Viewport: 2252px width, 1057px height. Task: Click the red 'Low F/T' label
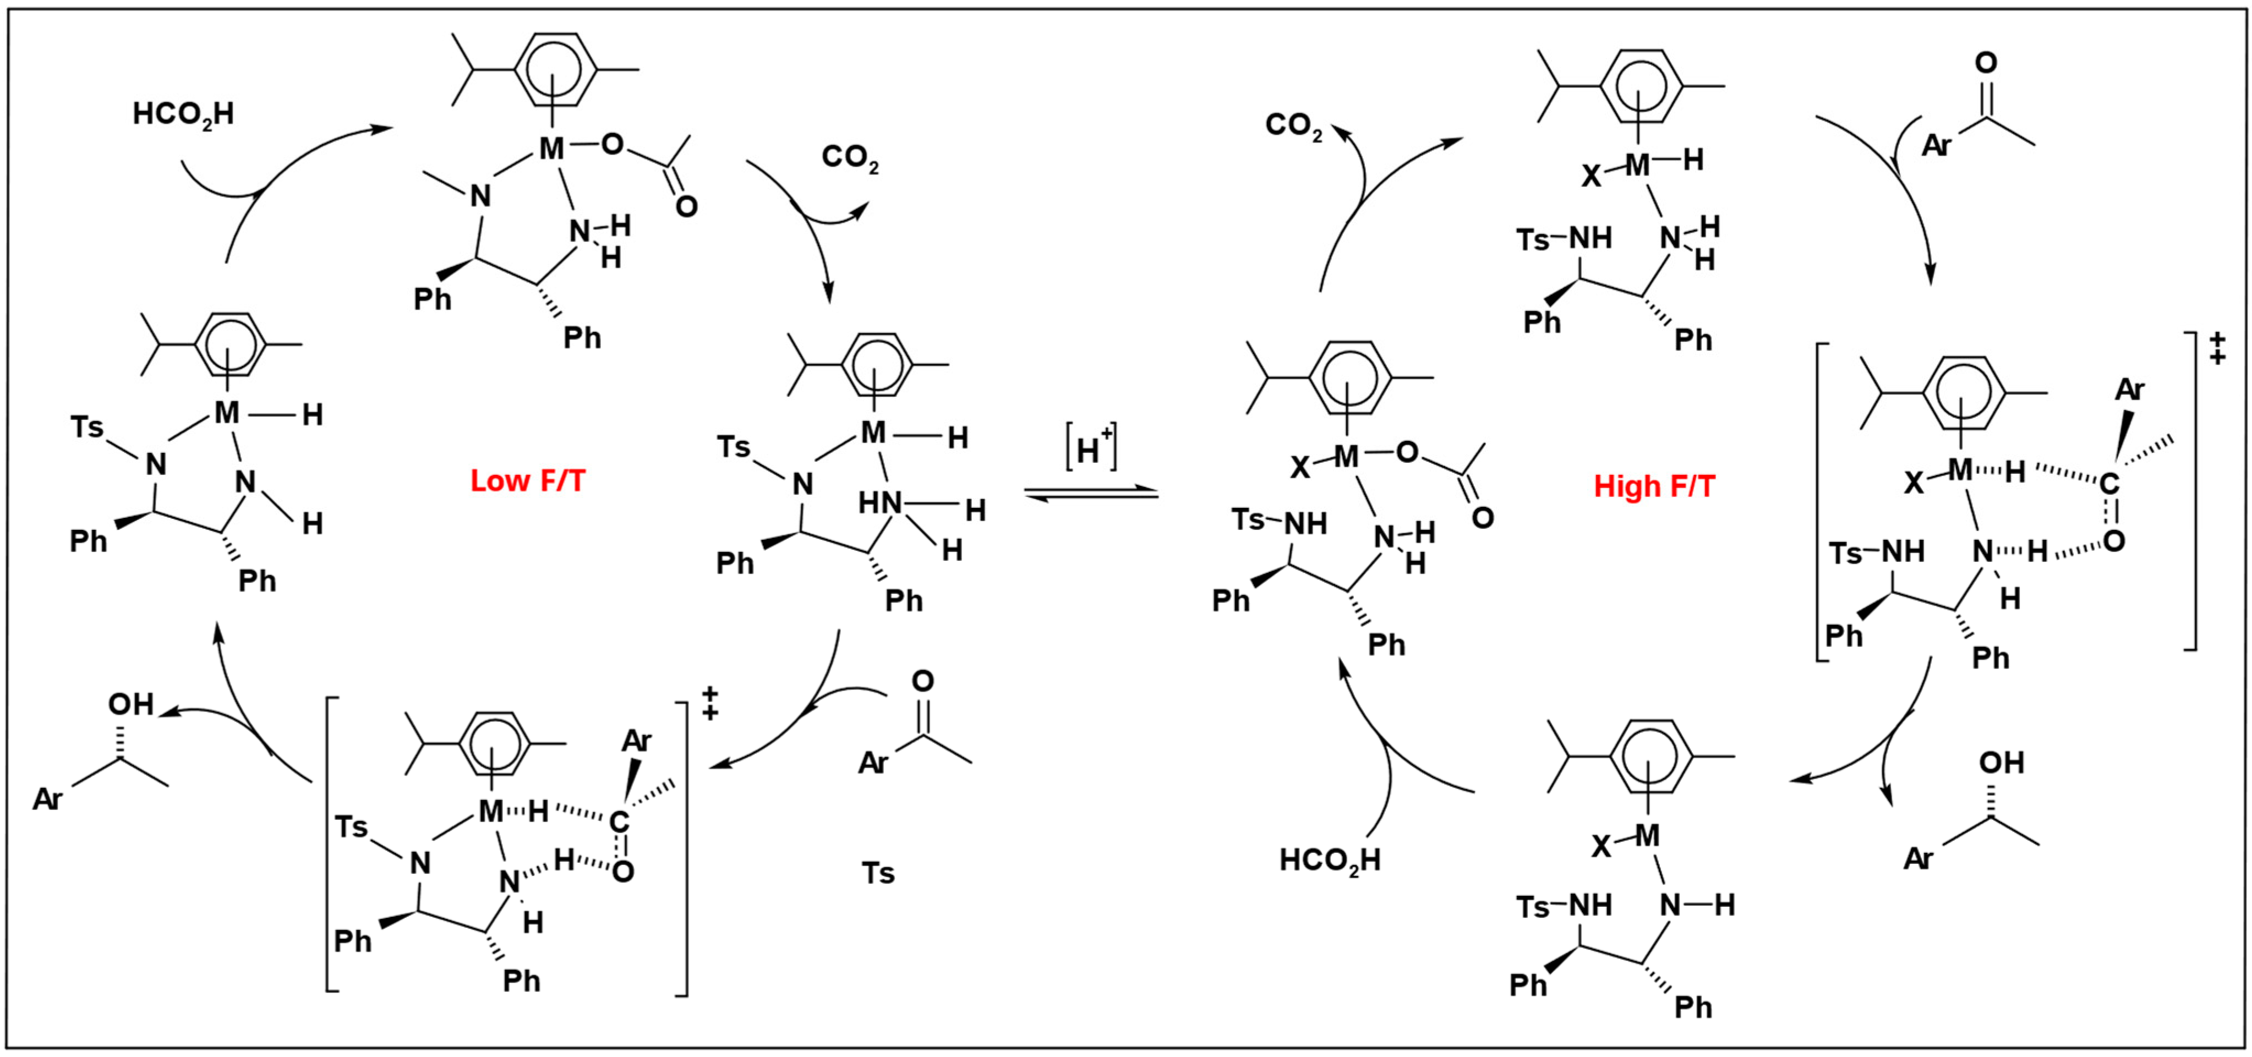(x=527, y=481)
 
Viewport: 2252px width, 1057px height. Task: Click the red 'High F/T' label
(x=1654, y=486)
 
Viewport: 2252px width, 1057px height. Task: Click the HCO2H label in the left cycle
(x=183, y=114)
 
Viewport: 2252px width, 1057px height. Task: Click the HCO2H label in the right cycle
(x=1330, y=860)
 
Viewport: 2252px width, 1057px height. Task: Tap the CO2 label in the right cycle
(x=1293, y=126)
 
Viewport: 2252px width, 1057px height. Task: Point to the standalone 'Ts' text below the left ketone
(x=878, y=873)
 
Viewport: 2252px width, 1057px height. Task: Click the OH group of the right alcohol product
(x=2001, y=763)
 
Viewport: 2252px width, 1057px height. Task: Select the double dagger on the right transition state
(x=2217, y=347)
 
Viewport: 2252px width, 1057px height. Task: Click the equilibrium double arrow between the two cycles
(x=1091, y=494)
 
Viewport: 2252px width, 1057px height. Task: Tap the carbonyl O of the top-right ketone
(x=1986, y=63)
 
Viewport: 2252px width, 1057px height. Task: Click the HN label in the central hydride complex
(x=879, y=503)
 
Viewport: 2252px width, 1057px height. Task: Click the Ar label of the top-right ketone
(x=1937, y=145)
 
